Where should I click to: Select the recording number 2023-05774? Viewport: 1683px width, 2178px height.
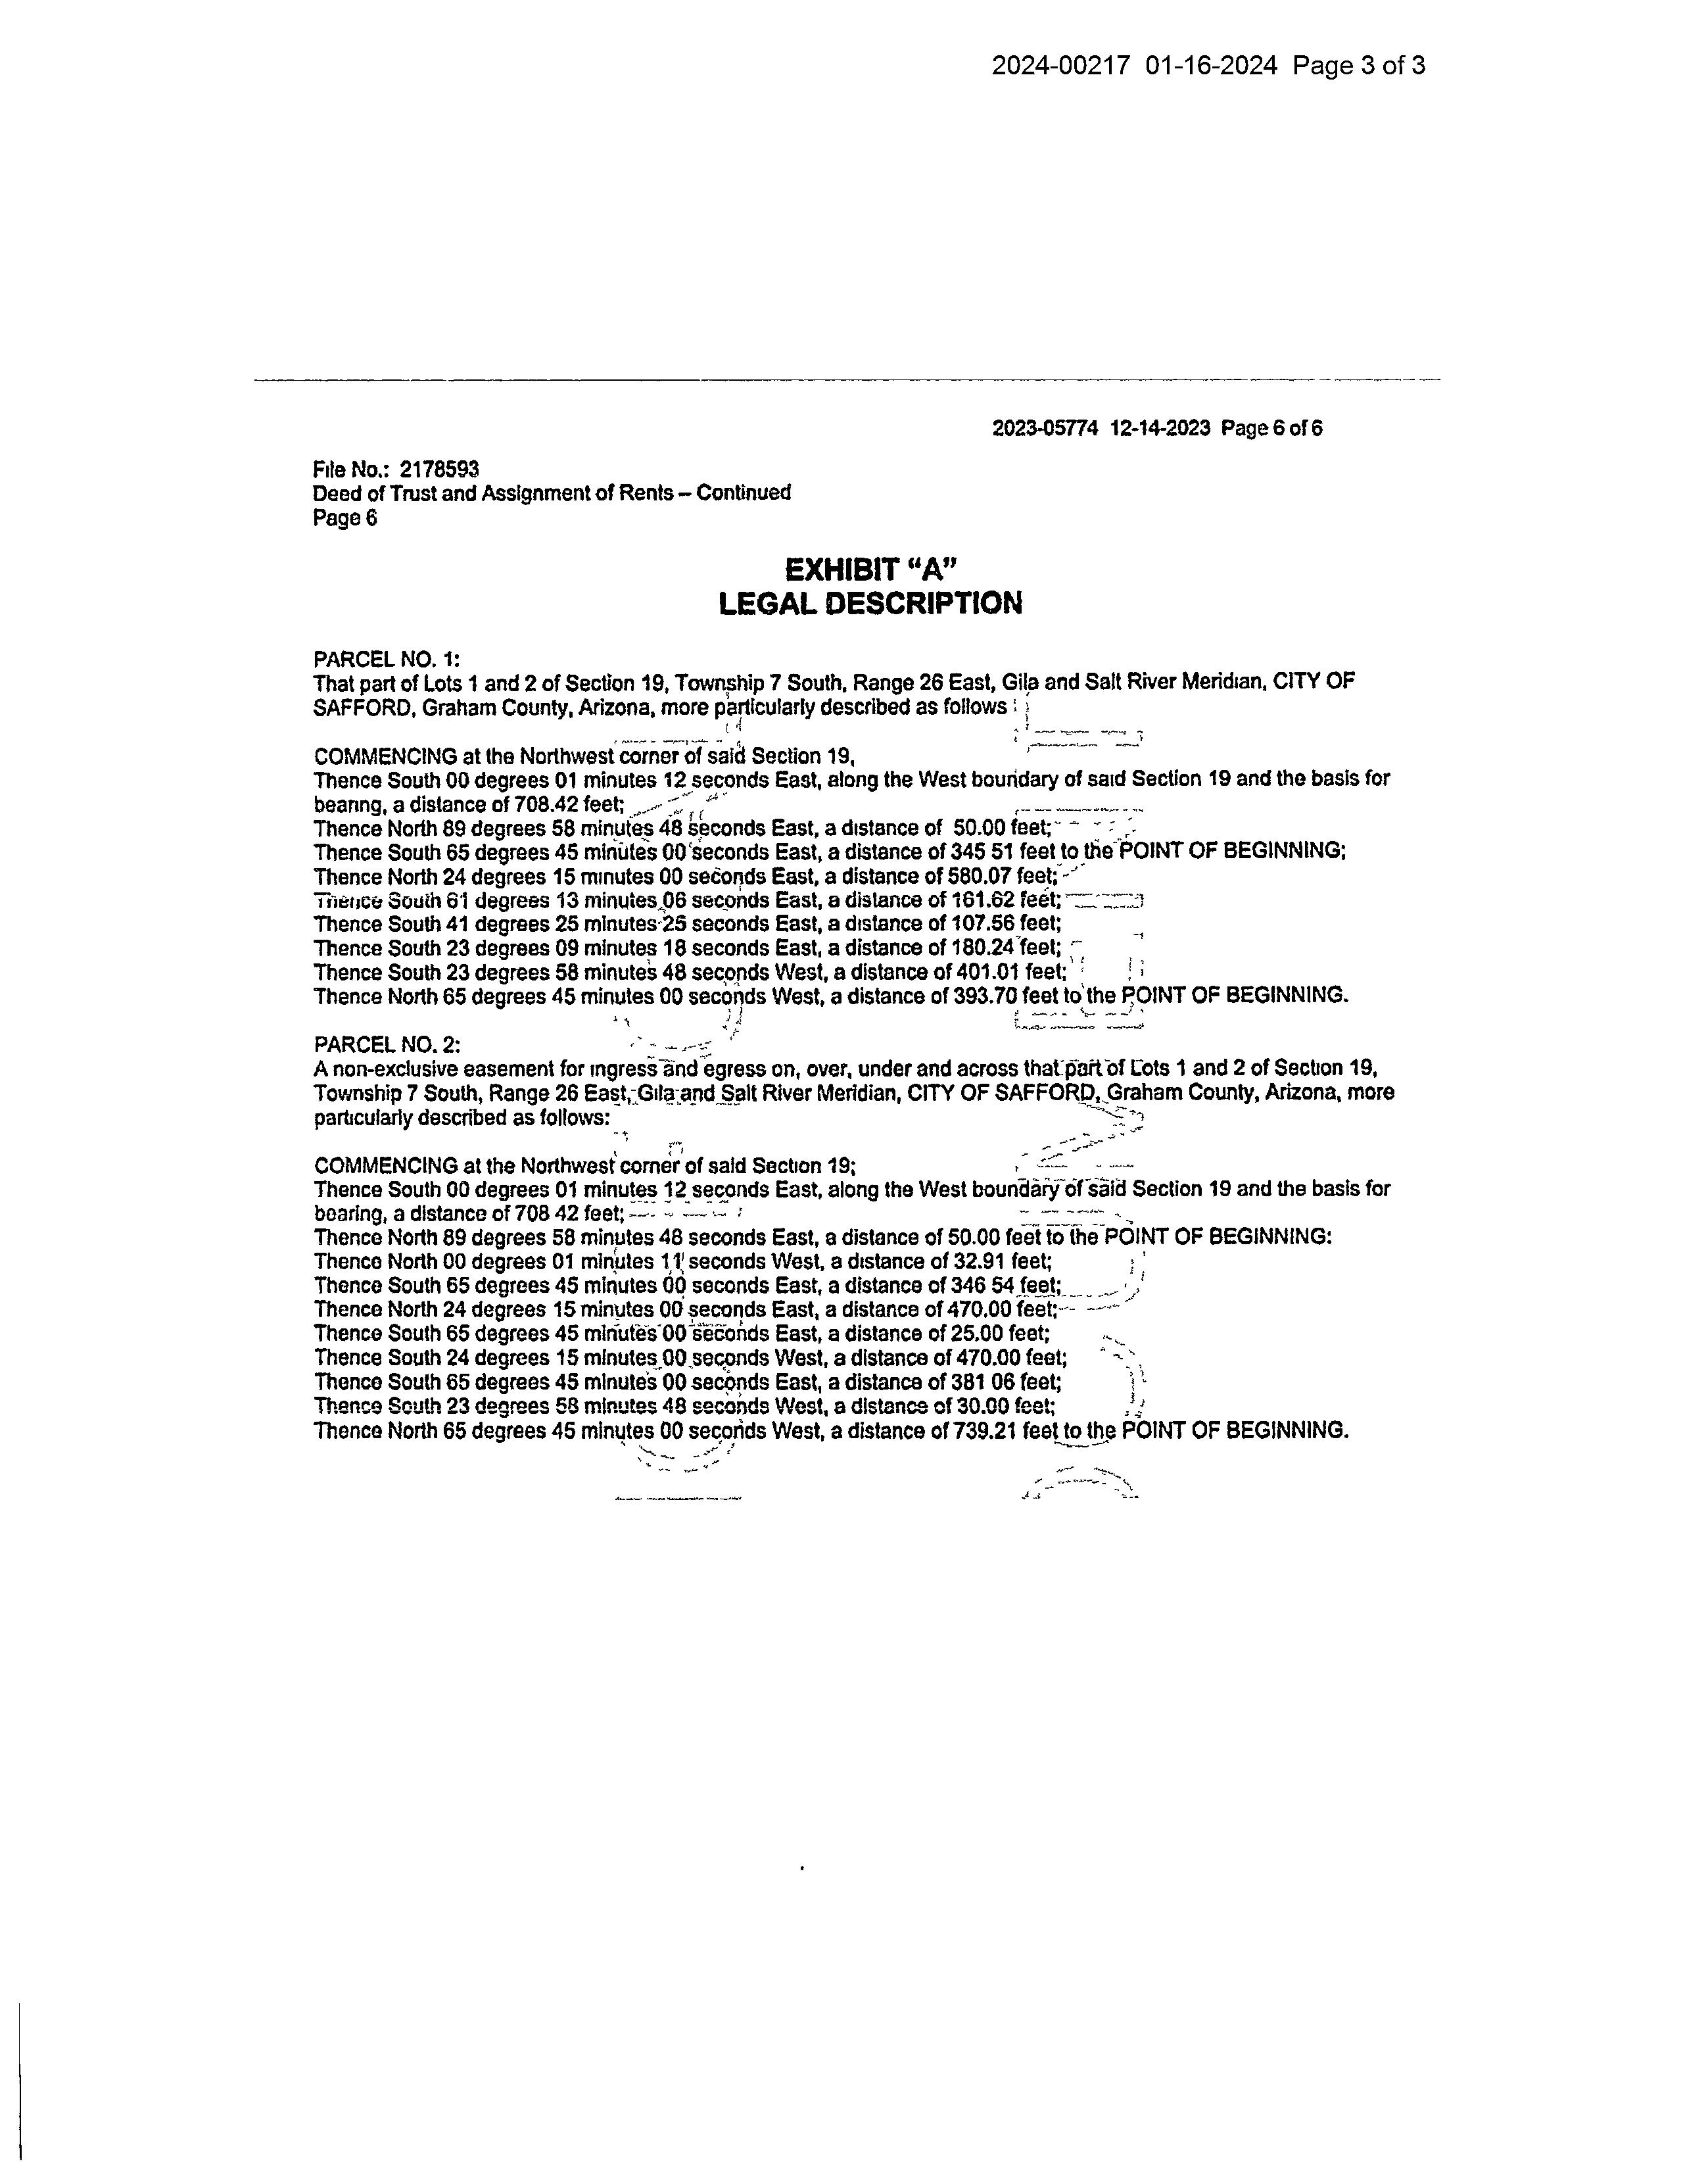point(1045,429)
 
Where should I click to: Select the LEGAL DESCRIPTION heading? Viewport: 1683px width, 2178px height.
point(870,603)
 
